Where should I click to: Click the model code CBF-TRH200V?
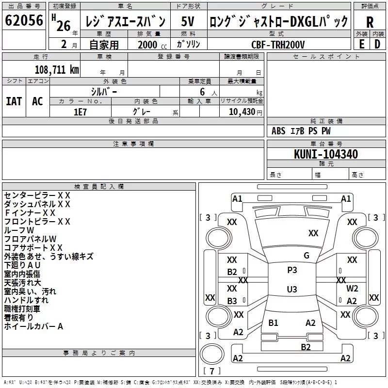(278, 45)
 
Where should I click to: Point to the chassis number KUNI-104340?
(326, 155)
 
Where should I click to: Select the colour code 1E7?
(81, 112)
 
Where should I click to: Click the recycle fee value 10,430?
(242, 112)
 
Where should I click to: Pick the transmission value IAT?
(14, 101)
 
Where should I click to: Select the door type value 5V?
(188, 22)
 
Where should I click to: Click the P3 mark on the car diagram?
(292, 270)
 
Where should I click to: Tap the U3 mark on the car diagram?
(292, 290)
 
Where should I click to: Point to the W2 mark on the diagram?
(352, 289)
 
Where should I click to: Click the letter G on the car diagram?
(306, 256)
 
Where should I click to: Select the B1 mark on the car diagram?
(274, 323)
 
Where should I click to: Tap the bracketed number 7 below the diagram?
(212, 372)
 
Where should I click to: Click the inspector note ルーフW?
(19, 230)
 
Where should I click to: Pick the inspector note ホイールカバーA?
(33, 326)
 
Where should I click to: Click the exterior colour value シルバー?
(104, 91)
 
